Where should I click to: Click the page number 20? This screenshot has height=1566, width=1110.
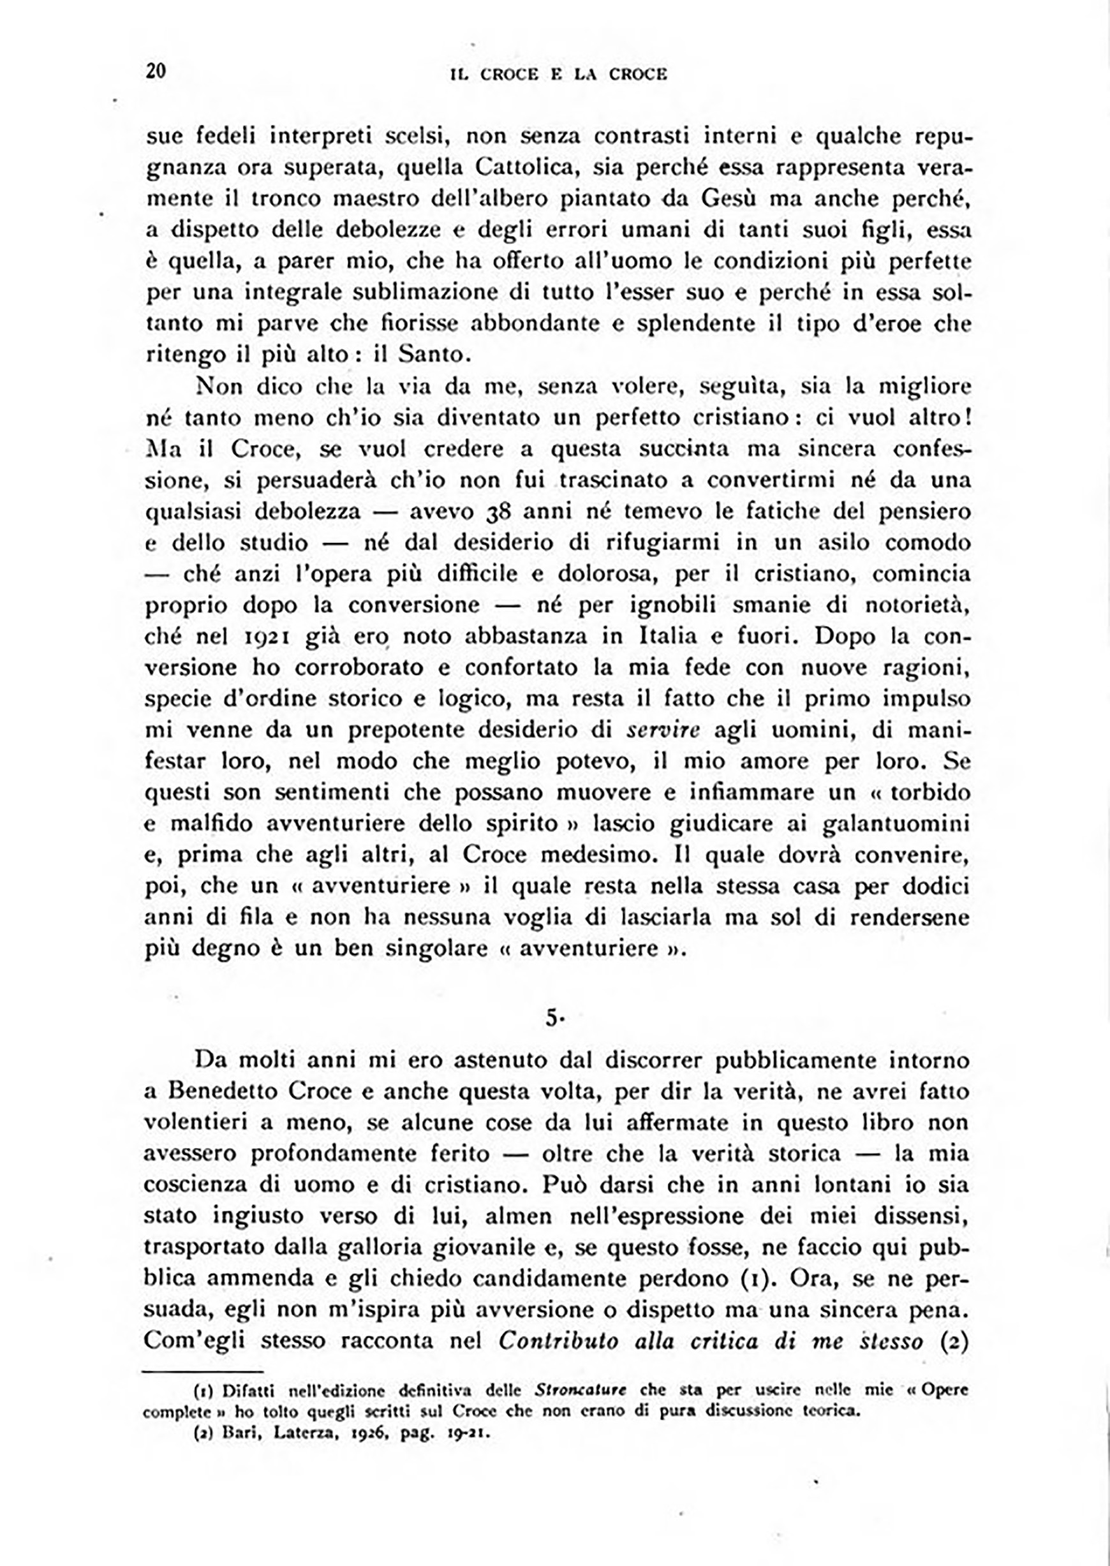point(156,71)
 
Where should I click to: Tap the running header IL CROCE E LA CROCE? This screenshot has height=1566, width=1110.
point(558,75)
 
